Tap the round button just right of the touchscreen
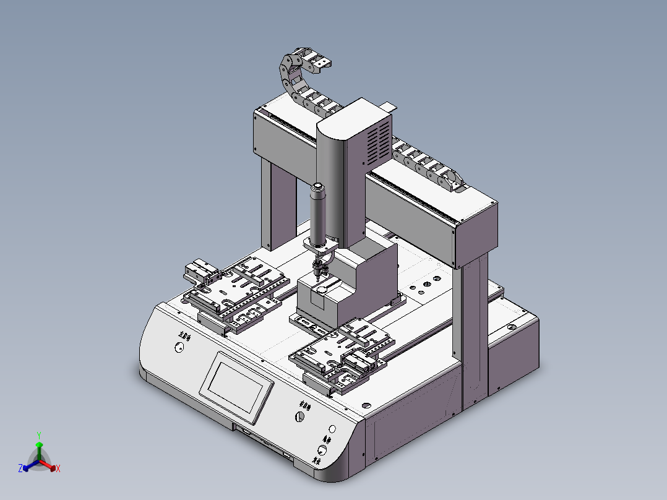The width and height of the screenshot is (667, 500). point(299,416)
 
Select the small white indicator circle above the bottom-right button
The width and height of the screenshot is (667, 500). point(332,428)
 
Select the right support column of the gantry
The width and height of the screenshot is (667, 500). point(474,334)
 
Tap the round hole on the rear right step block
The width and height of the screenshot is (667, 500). point(511,326)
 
